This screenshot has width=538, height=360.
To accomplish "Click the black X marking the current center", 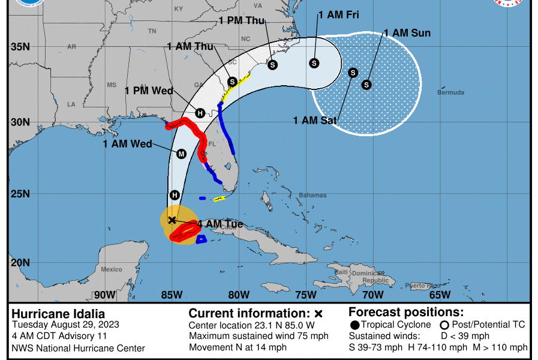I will click(172, 220).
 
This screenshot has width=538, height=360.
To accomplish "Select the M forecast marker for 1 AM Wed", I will click(182, 154).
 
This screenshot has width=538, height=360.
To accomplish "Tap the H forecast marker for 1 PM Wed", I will click(200, 113).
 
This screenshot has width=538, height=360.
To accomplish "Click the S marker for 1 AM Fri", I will click(314, 63).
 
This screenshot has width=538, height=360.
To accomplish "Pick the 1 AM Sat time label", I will click(315, 121).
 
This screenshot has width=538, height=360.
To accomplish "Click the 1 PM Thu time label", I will click(242, 21).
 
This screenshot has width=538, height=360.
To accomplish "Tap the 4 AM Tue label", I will click(220, 224).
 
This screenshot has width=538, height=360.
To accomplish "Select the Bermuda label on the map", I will click(450, 93).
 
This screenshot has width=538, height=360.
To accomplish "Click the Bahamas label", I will click(312, 196).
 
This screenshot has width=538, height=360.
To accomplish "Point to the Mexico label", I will click(112, 269).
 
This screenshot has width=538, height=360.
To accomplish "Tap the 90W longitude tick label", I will click(104, 295).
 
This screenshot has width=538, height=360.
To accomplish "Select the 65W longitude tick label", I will click(440, 295).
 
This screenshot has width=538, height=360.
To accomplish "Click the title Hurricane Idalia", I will click(58, 313).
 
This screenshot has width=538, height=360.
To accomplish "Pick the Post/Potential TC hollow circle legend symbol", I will click(444, 325).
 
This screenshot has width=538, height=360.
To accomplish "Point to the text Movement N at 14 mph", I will click(238, 347).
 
